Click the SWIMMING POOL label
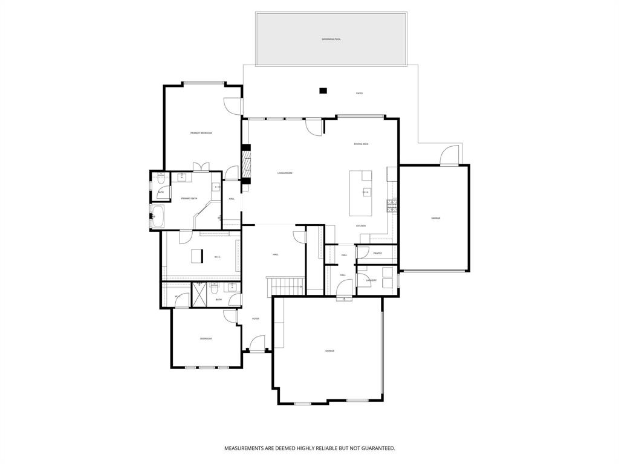click(x=331, y=39)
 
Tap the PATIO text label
click(x=359, y=93)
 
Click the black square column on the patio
click(x=323, y=91)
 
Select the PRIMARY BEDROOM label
click(x=201, y=133)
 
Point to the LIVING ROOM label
click(x=285, y=173)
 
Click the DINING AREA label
click(x=361, y=144)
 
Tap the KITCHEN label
click(x=361, y=226)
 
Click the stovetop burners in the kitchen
click(x=392, y=206)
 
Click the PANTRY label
click(x=377, y=253)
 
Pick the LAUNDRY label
click(x=371, y=280)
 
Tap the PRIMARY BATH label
click(x=189, y=198)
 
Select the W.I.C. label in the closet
click(x=217, y=257)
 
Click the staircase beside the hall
click(x=285, y=285)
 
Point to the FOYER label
click(x=256, y=318)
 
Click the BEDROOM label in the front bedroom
click(x=206, y=338)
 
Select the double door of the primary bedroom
click(x=201, y=167)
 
